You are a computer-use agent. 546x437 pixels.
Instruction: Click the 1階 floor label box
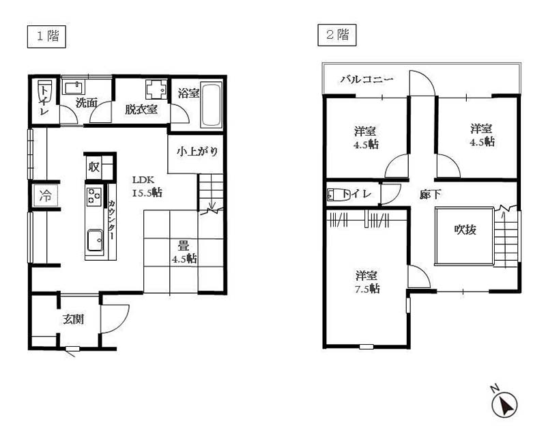[46, 37]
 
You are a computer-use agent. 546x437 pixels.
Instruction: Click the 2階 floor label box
[336, 35]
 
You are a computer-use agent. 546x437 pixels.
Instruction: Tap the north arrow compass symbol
[504, 404]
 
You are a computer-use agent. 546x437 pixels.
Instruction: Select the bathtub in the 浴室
[212, 105]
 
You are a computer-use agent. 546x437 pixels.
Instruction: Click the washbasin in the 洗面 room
[73, 87]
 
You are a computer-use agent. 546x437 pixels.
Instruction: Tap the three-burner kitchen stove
[94, 195]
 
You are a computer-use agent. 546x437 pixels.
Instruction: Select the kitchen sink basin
[95, 240]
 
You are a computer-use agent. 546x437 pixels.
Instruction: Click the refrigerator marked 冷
[45, 196]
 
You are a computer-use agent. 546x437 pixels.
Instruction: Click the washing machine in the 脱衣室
[157, 89]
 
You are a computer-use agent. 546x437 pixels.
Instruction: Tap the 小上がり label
[197, 152]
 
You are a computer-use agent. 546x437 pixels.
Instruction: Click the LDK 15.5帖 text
[147, 186]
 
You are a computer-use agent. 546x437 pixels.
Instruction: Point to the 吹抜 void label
[465, 229]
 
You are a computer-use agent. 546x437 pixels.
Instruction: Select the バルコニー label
[367, 79]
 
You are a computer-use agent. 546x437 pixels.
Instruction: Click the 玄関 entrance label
[74, 319]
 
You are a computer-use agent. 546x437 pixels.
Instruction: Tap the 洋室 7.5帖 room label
[367, 282]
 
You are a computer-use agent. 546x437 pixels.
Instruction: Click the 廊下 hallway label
[431, 195]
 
